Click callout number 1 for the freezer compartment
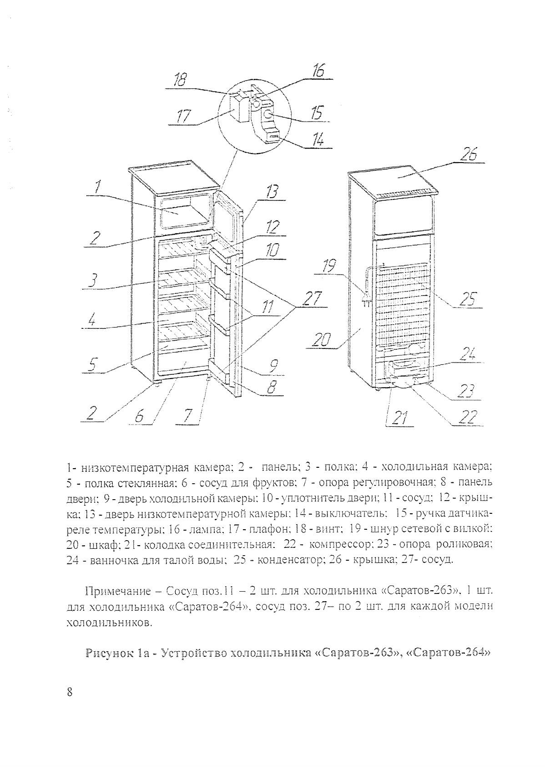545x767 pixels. coord(98,187)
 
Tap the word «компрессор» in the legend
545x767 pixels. coord(341,544)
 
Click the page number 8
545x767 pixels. coord(70,692)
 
